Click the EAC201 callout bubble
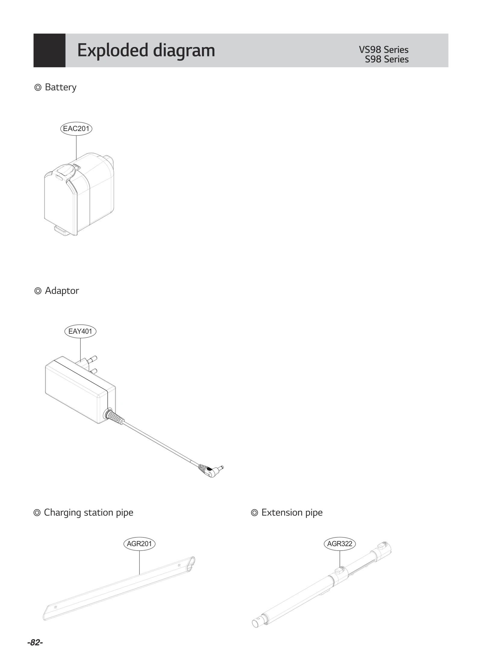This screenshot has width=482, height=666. coord(76,129)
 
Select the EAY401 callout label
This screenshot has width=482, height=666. coord(80,331)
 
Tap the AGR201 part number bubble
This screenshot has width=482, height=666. coord(139,544)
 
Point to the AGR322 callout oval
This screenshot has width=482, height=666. coord(340,544)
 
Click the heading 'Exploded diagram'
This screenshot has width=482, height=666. coord(146,50)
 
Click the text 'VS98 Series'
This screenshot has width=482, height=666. coord(383,50)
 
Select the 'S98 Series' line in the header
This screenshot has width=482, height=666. coord(387,59)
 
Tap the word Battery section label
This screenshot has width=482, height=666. coord(60,87)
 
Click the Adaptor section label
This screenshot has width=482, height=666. coord(61,291)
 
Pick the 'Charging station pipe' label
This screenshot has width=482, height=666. coord(88,512)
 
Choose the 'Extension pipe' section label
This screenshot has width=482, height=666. coord(292,512)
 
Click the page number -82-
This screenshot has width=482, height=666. coord(35,643)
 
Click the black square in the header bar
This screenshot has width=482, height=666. coord(49,50)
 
